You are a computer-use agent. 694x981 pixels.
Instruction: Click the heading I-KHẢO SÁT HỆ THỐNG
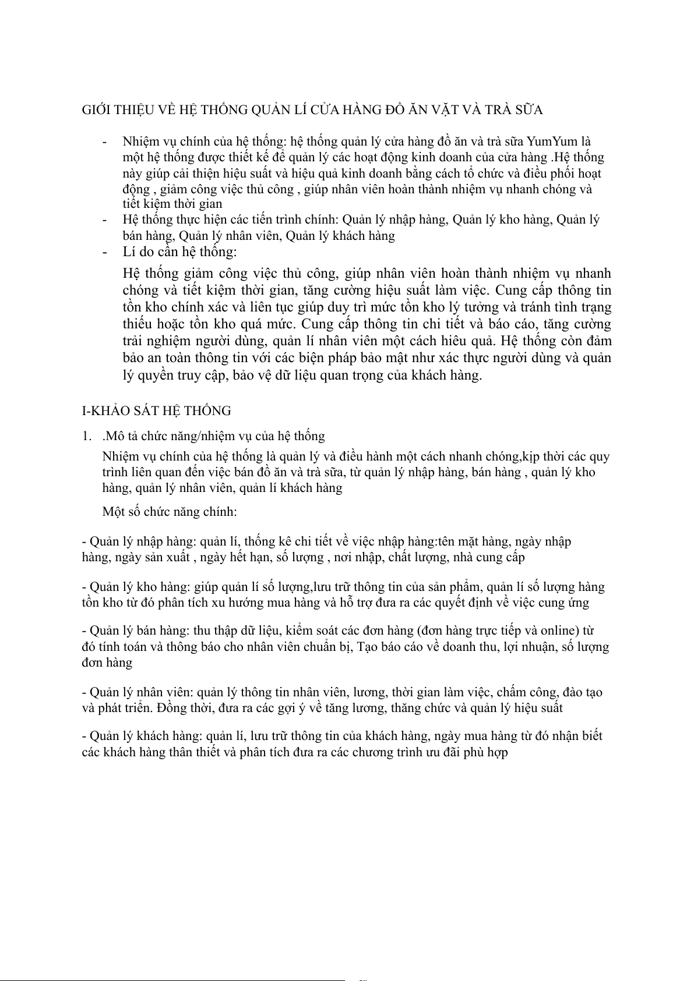(156, 411)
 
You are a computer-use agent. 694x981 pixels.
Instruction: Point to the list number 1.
(86, 436)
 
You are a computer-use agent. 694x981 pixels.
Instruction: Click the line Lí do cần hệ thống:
(179, 252)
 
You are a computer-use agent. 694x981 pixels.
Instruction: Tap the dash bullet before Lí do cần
(104, 252)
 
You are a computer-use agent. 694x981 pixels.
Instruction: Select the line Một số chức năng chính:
(169, 512)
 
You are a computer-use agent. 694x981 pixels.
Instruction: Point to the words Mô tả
(119, 436)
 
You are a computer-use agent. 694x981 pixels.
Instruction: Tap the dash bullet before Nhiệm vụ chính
(104, 141)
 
